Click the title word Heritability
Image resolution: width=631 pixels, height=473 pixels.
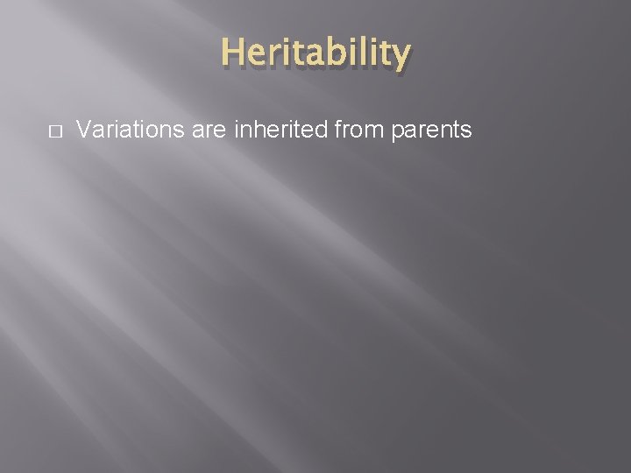pyautogui.click(x=315, y=54)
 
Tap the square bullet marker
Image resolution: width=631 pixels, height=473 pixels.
pyautogui.click(x=54, y=131)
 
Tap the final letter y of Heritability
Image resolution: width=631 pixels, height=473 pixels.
pyautogui.click(x=399, y=58)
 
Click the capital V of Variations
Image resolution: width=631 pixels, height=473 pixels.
pyautogui.click(x=84, y=131)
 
